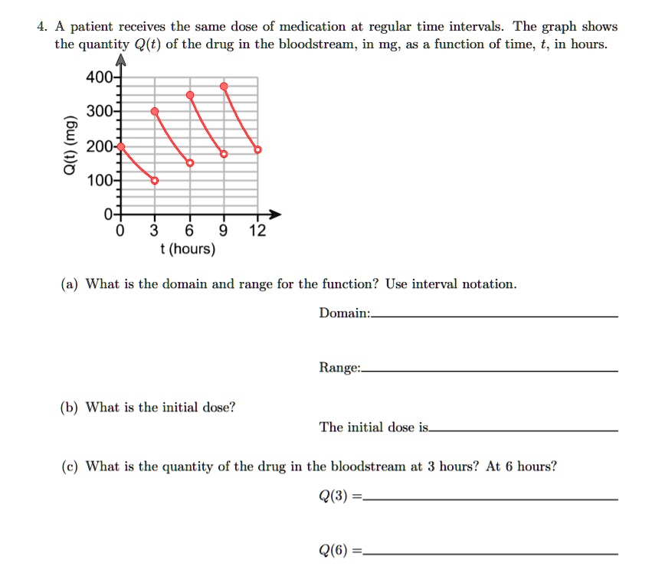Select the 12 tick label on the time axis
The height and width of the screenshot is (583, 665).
click(257, 231)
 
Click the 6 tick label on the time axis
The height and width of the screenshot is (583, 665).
click(190, 231)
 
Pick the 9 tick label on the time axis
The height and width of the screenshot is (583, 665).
click(224, 231)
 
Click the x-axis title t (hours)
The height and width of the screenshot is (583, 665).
click(188, 250)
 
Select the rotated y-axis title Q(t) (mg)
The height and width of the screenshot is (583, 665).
click(70, 147)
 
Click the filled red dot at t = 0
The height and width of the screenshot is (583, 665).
click(120, 146)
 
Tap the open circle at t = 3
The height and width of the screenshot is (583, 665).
click(155, 181)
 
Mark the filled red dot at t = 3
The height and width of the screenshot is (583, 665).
click(155, 112)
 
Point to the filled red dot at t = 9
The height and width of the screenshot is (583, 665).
click(224, 86)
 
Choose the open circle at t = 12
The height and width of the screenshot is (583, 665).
click(257, 150)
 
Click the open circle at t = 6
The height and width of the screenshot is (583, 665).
click(190, 163)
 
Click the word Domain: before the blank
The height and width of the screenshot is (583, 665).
click(344, 313)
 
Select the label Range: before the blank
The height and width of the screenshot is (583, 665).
click(339, 368)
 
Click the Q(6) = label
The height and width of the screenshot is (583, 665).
click(338, 549)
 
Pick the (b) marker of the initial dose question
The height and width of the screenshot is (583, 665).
click(70, 407)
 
